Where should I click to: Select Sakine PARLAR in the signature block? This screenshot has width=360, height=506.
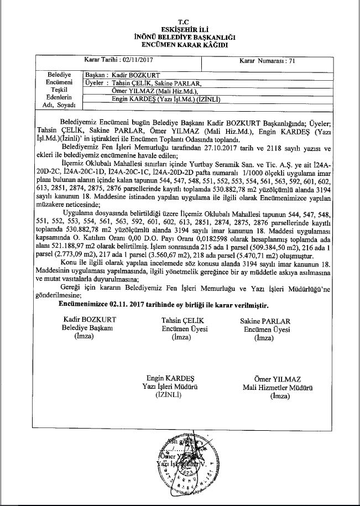coord(267,321)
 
